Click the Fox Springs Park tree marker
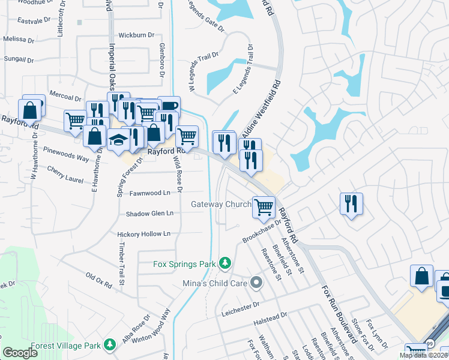pyautogui.click(x=224, y=263)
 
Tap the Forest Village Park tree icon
pyautogui.click(x=109, y=344)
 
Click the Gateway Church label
pyautogui.click(x=220, y=205)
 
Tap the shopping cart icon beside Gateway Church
pyautogui.click(x=264, y=207)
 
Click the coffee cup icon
pyautogui.click(x=169, y=107)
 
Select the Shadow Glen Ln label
pyautogui.click(x=149, y=214)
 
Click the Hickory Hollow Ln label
pyautogui.click(x=144, y=233)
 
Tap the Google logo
pyautogui.click(x=20, y=353)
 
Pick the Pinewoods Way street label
pyautogui.click(x=67, y=158)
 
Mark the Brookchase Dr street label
pyautogui.click(x=262, y=231)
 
